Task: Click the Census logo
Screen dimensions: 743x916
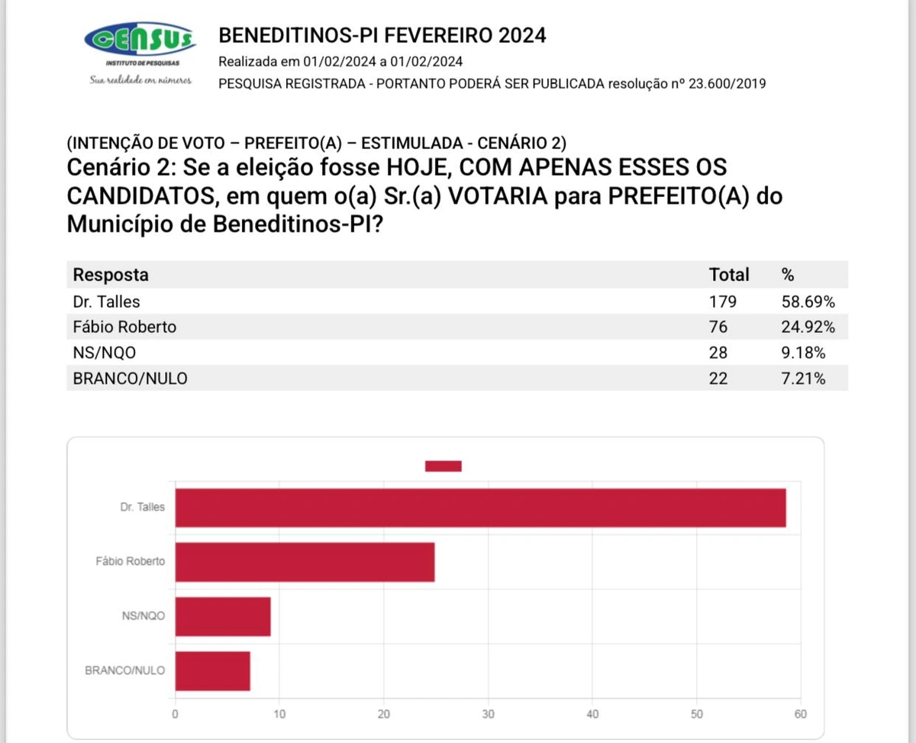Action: pos(140,38)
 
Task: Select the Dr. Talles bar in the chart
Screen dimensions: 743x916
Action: pos(480,507)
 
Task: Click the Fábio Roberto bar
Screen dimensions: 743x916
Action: pos(305,562)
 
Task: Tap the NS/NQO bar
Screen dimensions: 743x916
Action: pos(223,615)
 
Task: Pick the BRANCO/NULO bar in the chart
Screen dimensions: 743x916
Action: pos(213,671)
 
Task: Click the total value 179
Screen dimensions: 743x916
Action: pos(723,301)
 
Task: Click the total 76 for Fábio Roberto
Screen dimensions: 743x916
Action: pos(718,327)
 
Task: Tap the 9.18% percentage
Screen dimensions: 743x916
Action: pos(804,353)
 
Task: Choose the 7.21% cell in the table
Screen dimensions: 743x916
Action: pos(804,378)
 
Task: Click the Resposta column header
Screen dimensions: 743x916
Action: pos(111,275)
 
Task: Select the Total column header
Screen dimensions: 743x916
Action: pos(729,275)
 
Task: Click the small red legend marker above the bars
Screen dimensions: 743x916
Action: pos(443,466)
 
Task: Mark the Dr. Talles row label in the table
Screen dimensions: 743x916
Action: pos(107,301)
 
